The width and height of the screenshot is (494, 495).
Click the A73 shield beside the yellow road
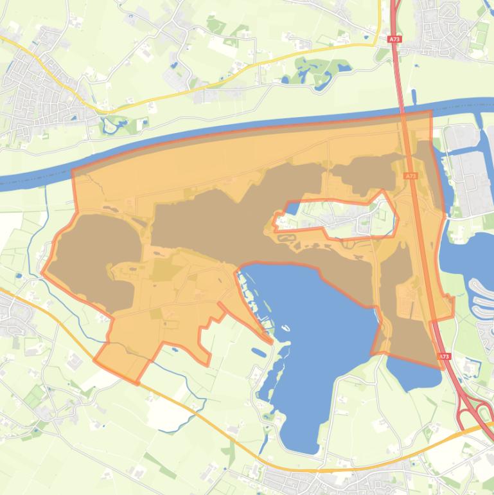click(x=394, y=39)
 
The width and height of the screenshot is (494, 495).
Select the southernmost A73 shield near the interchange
click(x=443, y=356)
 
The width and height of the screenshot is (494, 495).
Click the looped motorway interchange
click(x=475, y=411)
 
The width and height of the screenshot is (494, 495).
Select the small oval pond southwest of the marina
click(x=258, y=352)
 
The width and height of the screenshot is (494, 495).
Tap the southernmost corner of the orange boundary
click(x=137, y=383)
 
